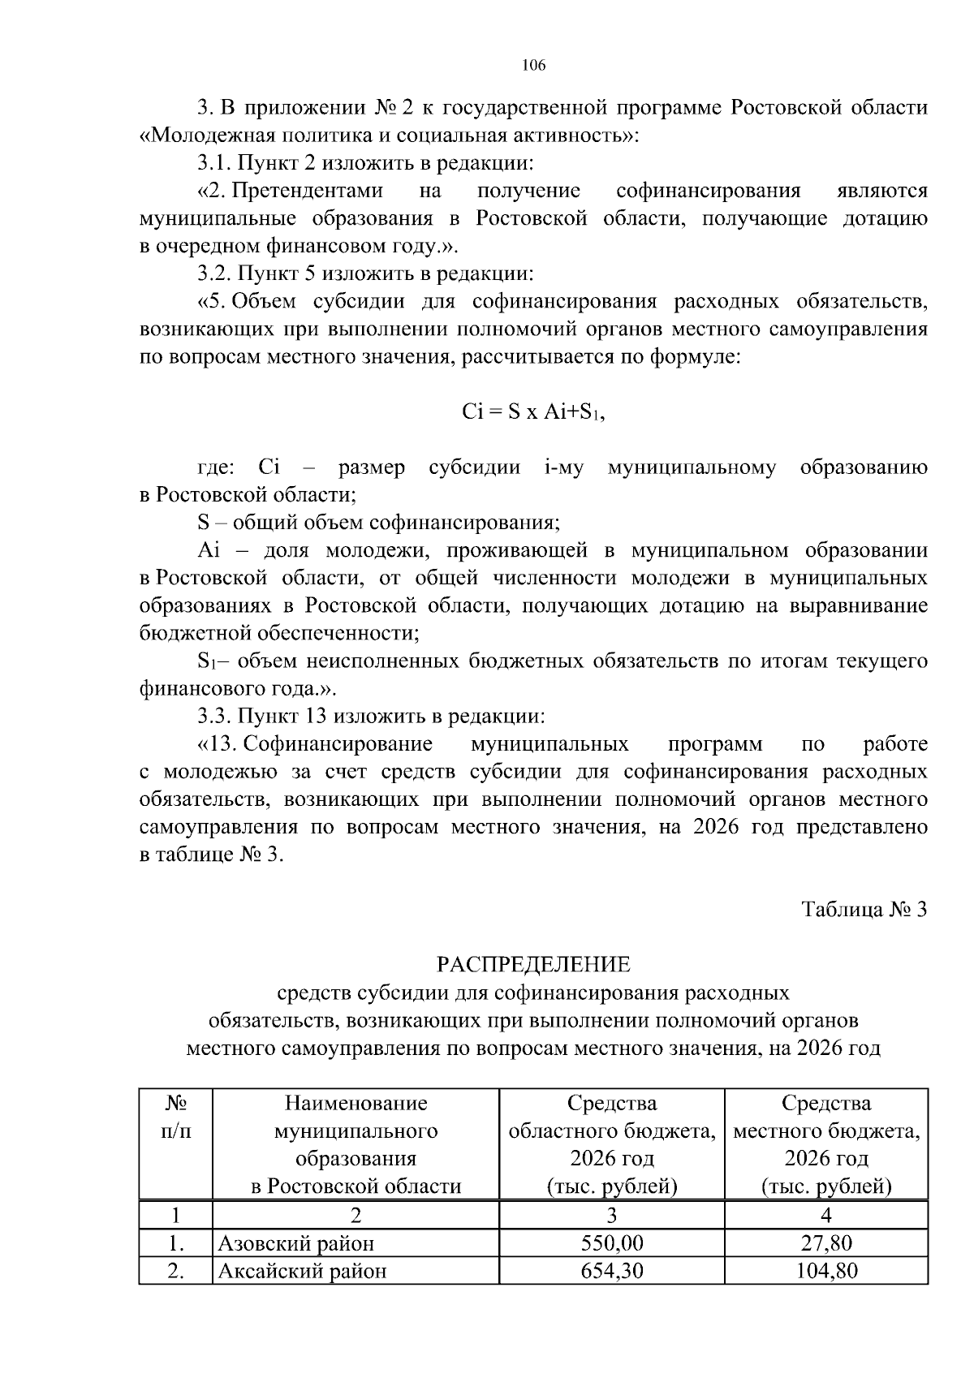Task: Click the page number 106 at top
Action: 533,66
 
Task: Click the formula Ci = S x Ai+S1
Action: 533,412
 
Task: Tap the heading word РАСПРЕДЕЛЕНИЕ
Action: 533,965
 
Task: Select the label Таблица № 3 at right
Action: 864,909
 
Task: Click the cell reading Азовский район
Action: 295,1242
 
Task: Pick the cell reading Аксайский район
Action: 302,1270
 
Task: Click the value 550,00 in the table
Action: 611,1242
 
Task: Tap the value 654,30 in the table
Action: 611,1270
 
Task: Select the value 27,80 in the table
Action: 826,1242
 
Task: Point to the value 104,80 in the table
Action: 826,1270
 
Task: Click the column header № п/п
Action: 176,1117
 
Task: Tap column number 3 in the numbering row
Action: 611,1215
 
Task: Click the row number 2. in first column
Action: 175,1270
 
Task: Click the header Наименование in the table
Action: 356,1103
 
